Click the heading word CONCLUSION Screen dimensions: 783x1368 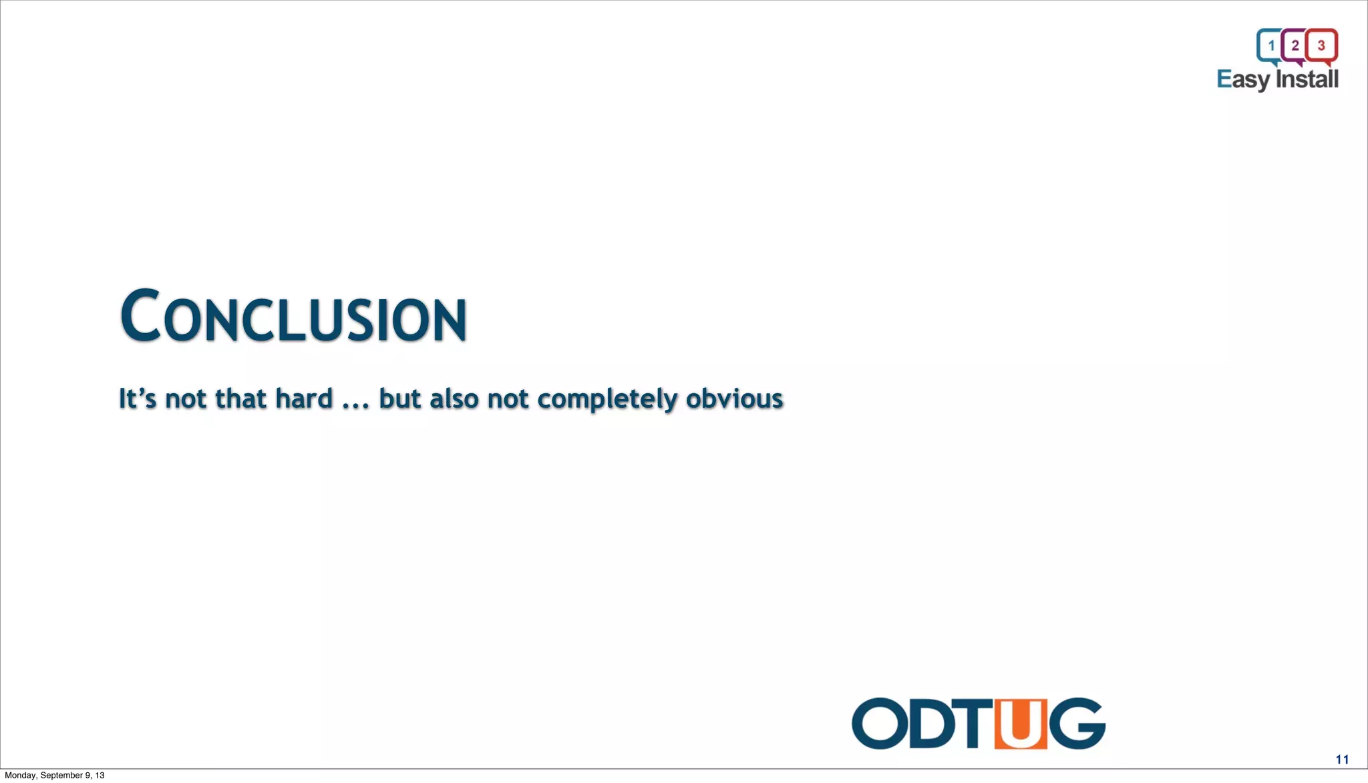(x=294, y=316)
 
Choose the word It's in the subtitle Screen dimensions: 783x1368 (x=137, y=399)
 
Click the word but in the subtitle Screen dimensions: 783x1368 (x=400, y=399)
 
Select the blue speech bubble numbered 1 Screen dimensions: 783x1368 (x=1270, y=45)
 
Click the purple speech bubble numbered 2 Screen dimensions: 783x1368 (x=1295, y=45)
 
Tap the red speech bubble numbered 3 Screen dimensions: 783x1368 (x=1321, y=45)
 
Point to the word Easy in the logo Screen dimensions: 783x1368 (x=1243, y=79)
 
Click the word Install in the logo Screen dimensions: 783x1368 (x=1307, y=79)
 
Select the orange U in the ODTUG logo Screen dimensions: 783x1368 (x=1020, y=724)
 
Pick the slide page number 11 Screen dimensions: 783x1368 (x=1342, y=760)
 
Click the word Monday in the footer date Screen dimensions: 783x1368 (x=21, y=776)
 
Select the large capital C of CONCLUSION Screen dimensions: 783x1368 (x=140, y=315)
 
